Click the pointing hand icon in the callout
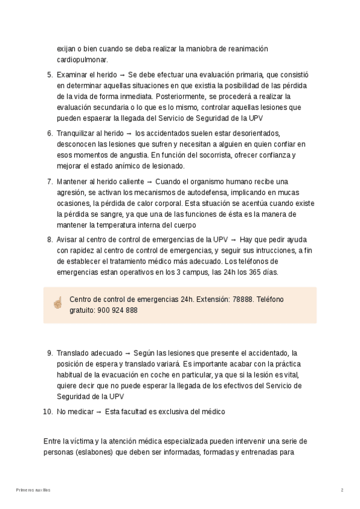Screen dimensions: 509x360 [58, 304]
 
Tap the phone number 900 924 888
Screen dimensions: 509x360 [117, 310]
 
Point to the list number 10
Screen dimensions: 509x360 [48, 411]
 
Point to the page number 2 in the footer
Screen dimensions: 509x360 [342, 490]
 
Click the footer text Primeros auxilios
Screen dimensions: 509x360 [34, 490]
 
